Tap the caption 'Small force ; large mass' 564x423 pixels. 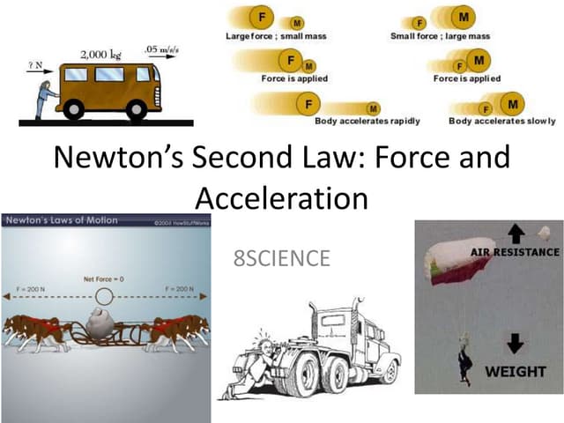pos(440,36)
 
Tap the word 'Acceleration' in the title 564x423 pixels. pos(281,197)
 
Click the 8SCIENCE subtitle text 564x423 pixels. pos(281,259)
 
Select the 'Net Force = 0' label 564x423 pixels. pos(104,279)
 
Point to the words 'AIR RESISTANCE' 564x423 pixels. pos(511,252)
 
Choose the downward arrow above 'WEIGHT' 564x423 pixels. pos(516,344)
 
